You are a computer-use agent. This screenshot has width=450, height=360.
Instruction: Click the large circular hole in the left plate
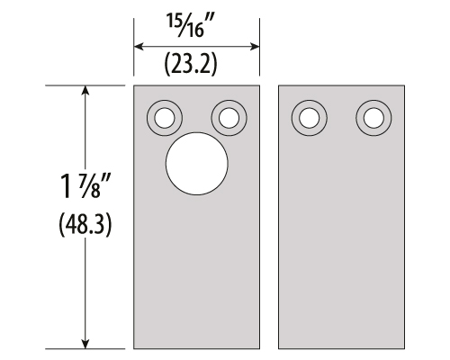pyautogui.click(x=197, y=164)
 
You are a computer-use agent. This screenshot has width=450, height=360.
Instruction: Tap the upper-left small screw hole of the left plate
pyautogui.click(x=165, y=118)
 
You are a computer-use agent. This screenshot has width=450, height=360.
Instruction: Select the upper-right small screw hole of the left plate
pyautogui.click(x=229, y=118)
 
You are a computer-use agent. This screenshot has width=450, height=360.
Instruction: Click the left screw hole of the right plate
pyautogui.click(x=310, y=118)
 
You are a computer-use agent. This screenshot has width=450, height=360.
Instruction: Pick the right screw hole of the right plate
pyautogui.click(x=373, y=118)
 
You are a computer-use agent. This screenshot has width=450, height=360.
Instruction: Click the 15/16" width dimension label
pyautogui.click(x=191, y=26)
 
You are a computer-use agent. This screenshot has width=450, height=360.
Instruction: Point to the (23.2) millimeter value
pyautogui.click(x=191, y=64)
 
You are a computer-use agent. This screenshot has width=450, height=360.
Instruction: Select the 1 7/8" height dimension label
pyautogui.click(x=85, y=186)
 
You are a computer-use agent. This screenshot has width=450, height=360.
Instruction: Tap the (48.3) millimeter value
pyautogui.click(x=85, y=225)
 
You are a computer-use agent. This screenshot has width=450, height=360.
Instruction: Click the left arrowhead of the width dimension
pyautogui.click(x=139, y=47)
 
